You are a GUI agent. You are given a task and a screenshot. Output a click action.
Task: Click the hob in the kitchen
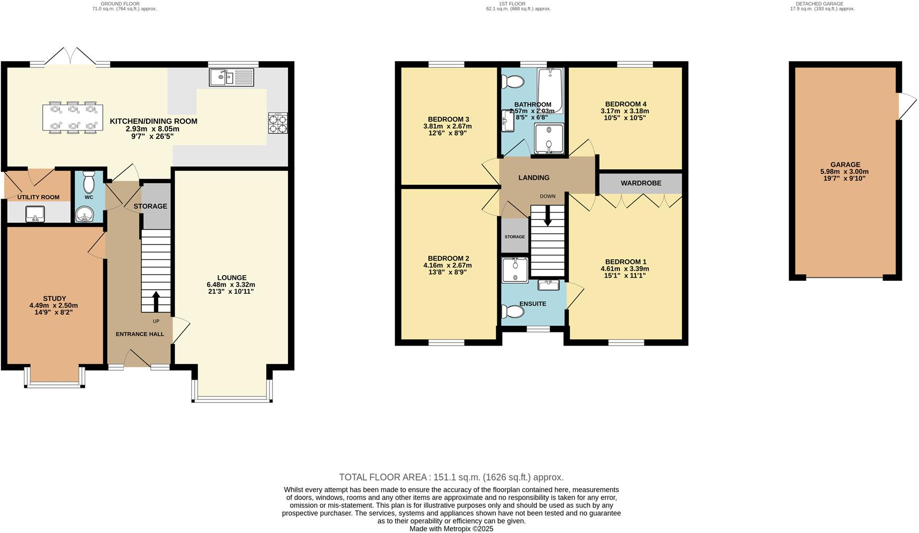pyautogui.click(x=278, y=123)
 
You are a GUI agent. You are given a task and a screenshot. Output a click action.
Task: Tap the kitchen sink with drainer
pyautogui.click(x=232, y=78)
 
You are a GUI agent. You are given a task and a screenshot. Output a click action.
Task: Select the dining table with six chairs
pyautogui.click(x=73, y=117)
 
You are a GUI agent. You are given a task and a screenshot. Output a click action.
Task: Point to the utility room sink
pyautogui.click(x=35, y=213)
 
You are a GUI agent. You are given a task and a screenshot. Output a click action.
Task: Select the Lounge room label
pyautogui.click(x=232, y=278)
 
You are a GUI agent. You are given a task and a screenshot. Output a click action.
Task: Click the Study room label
pyautogui.click(x=54, y=299)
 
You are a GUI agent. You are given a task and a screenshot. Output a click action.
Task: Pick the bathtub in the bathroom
pyautogui.click(x=551, y=90)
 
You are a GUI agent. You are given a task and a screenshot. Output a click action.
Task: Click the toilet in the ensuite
pyautogui.click(x=512, y=312)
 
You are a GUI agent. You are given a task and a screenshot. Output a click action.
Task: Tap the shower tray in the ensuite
pyautogui.click(x=515, y=270)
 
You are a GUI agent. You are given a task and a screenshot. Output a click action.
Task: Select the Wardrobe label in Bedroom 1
pyautogui.click(x=640, y=183)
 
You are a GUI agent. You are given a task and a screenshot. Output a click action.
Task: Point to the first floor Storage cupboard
pyautogui.click(x=515, y=236)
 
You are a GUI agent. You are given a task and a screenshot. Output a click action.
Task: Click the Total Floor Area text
pyautogui.click(x=451, y=477)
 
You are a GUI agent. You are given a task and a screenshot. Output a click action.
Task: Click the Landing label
pyautogui.click(x=533, y=177)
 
